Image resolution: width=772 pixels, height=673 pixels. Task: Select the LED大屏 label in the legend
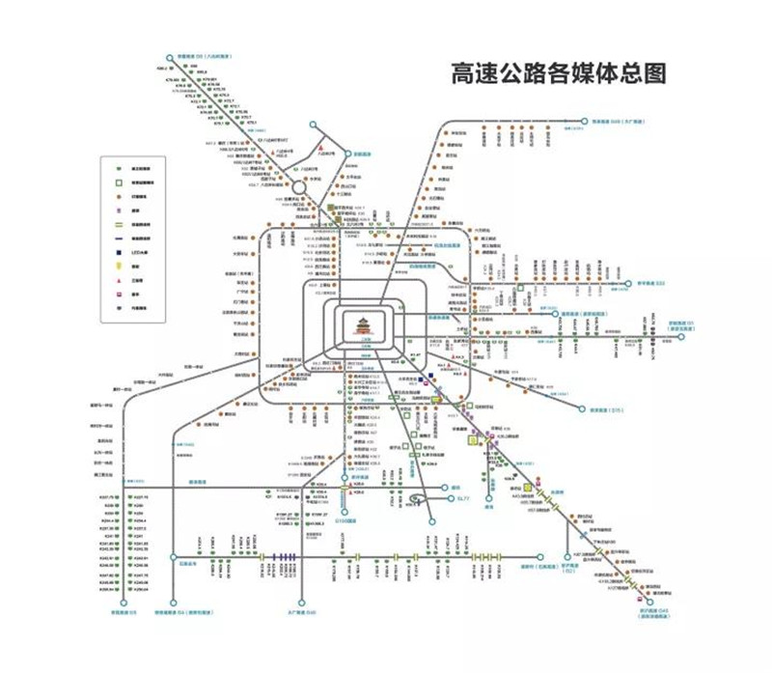click(138, 251)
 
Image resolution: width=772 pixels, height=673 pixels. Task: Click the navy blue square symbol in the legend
click(117, 251)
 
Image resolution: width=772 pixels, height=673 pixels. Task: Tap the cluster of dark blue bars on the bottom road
click(285, 557)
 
